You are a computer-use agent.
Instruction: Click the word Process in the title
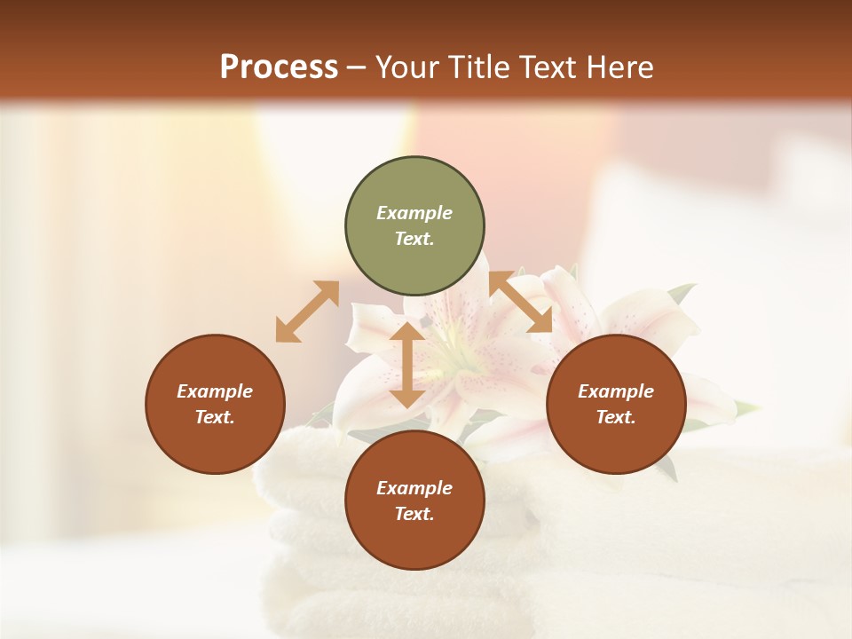279,67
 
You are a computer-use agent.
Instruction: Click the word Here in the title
619,67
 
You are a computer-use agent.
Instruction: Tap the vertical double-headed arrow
407,364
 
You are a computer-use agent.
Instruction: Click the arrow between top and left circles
307,312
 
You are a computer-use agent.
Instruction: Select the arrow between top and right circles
521,302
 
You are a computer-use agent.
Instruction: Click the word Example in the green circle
414,213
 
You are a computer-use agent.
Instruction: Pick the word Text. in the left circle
215,417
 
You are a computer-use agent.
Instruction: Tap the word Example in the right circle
616,391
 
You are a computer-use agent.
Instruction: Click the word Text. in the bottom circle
414,514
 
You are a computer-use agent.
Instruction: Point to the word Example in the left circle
215,391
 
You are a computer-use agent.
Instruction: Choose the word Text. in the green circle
414,239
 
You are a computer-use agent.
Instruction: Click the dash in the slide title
356,68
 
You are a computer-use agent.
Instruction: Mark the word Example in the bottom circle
414,488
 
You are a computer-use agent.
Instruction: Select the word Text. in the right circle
616,417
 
